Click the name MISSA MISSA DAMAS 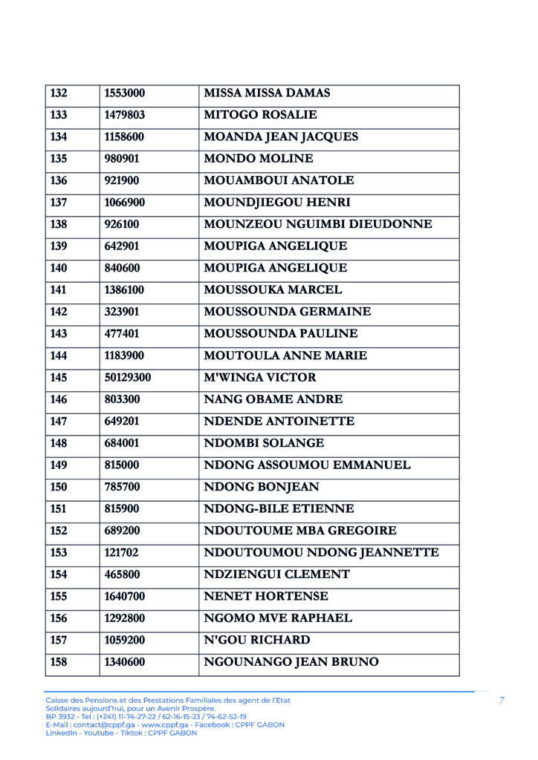click(x=267, y=94)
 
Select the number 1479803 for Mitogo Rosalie click(x=125, y=115)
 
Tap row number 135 click(x=59, y=159)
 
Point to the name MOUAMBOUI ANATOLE click(x=279, y=180)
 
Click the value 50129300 click(x=128, y=378)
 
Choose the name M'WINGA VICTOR click(x=259, y=378)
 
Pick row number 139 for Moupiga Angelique click(x=59, y=246)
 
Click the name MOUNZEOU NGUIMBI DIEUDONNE click(x=317, y=224)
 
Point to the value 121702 click(x=122, y=553)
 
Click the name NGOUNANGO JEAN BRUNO click(x=291, y=662)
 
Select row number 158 click(x=59, y=662)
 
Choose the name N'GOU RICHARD click(x=257, y=640)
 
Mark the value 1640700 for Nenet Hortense click(x=125, y=597)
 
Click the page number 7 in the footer click(x=502, y=701)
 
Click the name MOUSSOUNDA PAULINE click(x=280, y=334)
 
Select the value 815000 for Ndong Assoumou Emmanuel click(x=122, y=465)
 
